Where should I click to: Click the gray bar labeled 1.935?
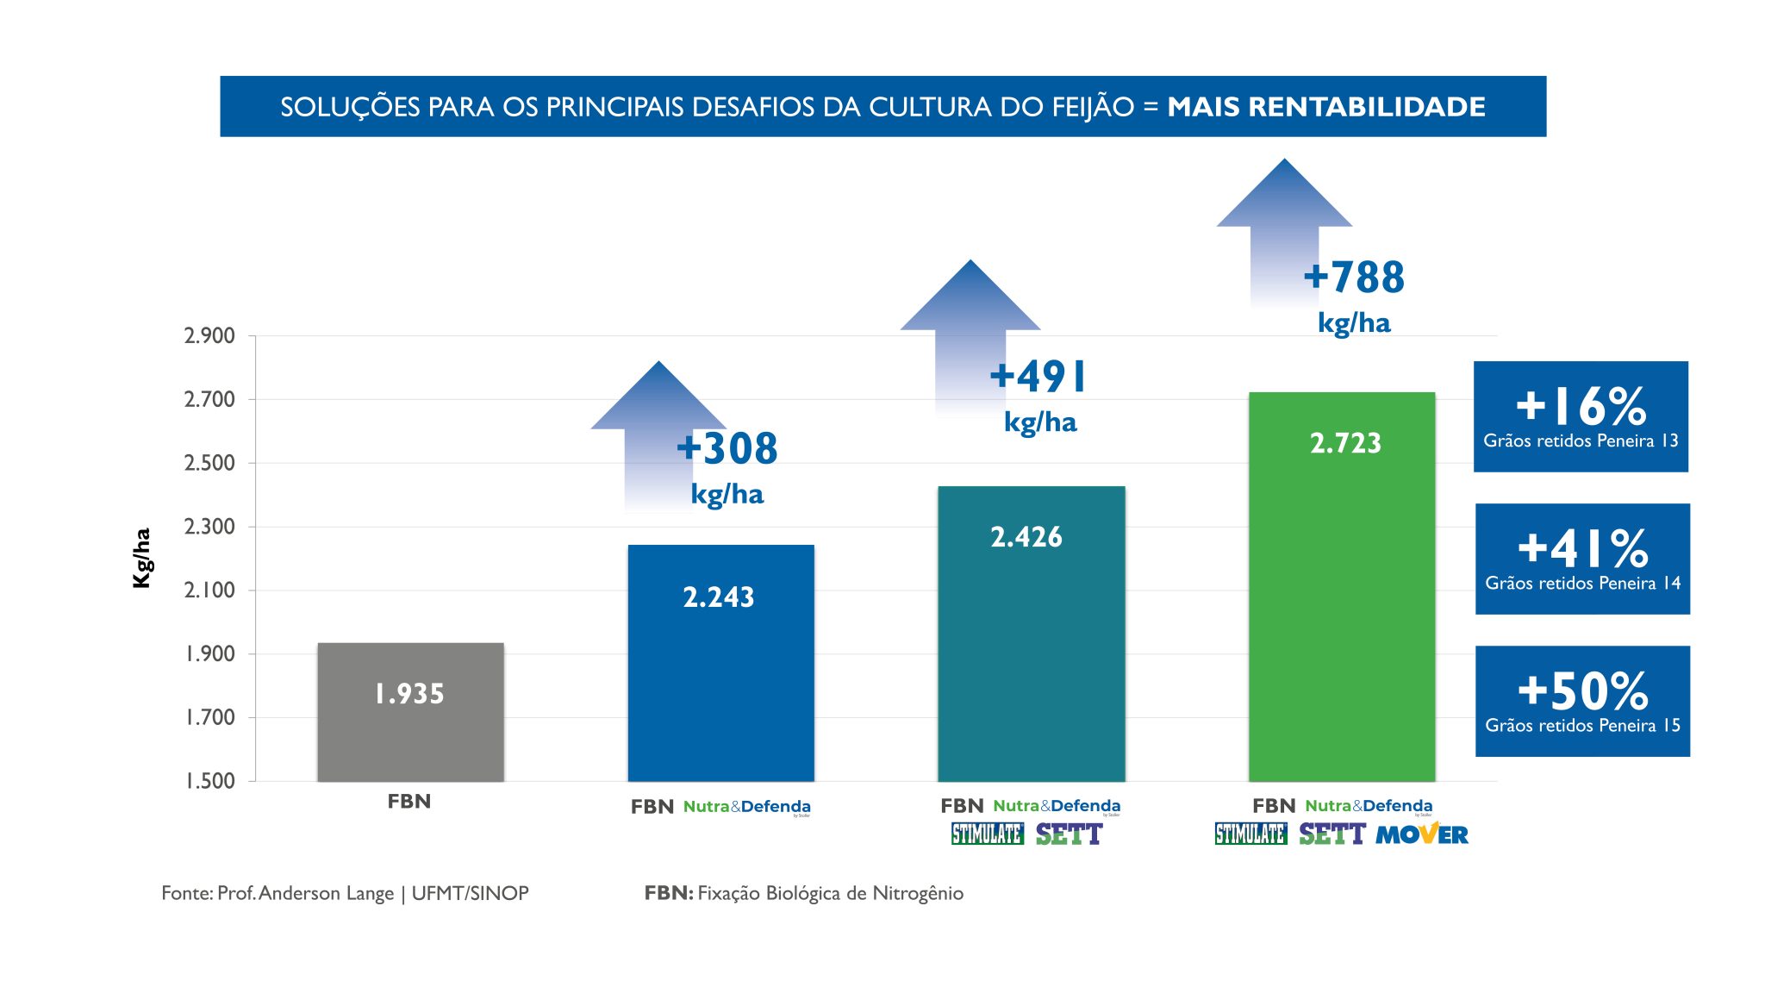click(x=410, y=712)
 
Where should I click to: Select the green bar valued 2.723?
click(x=1342, y=586)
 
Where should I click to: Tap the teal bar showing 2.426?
click(x=1031, y=634)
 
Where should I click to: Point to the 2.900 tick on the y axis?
click(x=209, y=336)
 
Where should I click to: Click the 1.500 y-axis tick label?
click(x=209, y=781)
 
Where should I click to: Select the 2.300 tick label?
click(x=209, y=527)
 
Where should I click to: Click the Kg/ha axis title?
click(x=142, y=558)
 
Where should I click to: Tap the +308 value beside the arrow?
click(x=727, y=449)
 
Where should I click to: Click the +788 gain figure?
click(x=1354, y=278)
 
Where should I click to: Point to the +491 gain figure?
click(x=1038, y=377)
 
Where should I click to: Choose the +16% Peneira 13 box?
click(x=1581, y=416)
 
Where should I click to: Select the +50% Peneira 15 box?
click(x=1582, y=701)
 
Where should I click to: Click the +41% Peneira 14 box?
click(x=1582, y=559)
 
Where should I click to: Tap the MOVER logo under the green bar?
click(x=1421, y=834)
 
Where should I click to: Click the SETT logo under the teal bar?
click(x=1069, y=834)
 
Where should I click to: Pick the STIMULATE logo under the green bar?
click(x=1250, y=834)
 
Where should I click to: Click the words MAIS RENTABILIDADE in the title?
click(x=1325, y=107)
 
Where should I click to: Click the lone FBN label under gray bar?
click(x=409, y=802)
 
